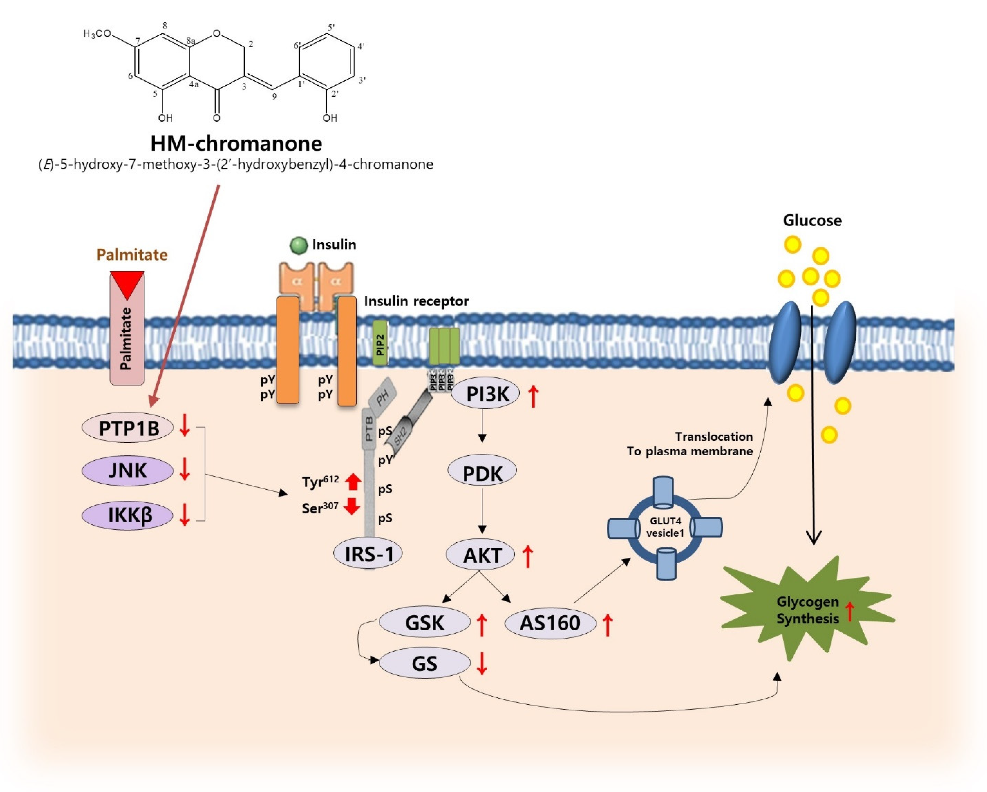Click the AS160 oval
[x=550, y=623]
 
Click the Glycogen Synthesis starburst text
[x=808, y=610]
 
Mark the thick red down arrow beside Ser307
[x=352, y=506]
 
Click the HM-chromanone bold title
[x=236, y=143]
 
